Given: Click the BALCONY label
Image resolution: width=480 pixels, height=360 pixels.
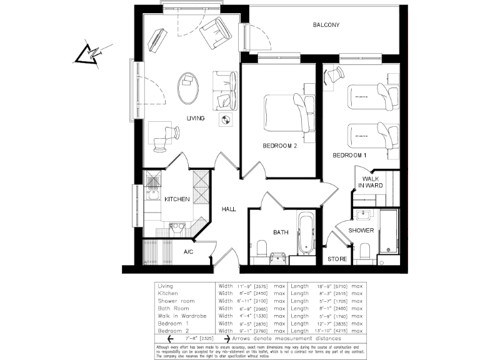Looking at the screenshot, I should [x=326, y=26].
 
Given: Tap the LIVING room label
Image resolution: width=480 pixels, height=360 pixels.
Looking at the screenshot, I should [x=196, y=118].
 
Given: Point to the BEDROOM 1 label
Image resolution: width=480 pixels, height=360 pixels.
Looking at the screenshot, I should [x=349, y=155].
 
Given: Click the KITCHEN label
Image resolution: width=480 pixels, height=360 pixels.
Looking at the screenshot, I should [x=177, y=199].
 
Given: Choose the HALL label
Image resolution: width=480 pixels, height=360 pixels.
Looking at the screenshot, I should [x=229, y=209].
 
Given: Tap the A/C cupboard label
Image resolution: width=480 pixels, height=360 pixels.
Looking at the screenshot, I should [x=188, y=252].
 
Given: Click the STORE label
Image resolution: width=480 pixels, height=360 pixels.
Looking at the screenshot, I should [x=337, y=259].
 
